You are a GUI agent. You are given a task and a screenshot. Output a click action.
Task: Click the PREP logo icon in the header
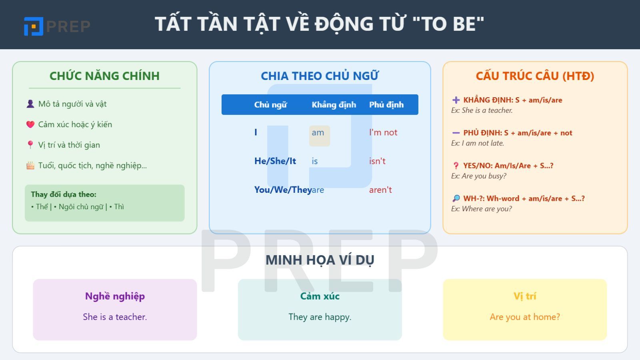[x=34, y=26]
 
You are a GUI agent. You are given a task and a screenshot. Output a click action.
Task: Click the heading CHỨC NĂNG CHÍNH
[x=104, y=76]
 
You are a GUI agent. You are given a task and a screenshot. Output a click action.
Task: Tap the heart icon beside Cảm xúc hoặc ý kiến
[x=30, y=124]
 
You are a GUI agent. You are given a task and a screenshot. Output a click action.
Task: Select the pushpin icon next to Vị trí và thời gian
[x=30, y=145]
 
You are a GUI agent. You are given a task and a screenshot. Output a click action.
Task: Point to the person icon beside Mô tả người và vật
[x=30, y=104]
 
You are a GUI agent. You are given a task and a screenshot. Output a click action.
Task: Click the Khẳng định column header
[x=334, y=105]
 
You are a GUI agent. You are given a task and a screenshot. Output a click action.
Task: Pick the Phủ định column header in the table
[x=386, y=105]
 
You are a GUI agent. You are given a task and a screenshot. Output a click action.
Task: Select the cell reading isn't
[x=377, y=161]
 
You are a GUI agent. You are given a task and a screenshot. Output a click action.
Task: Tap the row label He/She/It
[x=275, y=161]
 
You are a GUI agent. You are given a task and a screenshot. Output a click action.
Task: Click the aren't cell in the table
[x=380, y=190]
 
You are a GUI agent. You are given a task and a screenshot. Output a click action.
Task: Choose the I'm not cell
[x=383, y=132]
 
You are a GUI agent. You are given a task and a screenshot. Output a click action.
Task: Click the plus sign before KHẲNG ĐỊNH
[x=456, y=100]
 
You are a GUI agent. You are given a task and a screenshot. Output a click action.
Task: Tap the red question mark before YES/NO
[x=456, y=166]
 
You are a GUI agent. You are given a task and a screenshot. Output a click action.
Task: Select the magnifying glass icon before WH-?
[x=456, y=198]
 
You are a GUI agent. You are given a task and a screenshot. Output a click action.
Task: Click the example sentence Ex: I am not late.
[x=478, y=143]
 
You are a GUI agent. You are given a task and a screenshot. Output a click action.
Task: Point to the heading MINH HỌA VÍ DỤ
[x=320, y=260]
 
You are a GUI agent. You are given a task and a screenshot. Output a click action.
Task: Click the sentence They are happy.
[x=320, y=317]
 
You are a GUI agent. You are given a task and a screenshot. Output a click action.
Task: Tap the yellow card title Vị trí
[x=525, y=296]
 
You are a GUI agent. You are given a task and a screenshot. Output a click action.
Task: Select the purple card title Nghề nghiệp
[x=115, y=296]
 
